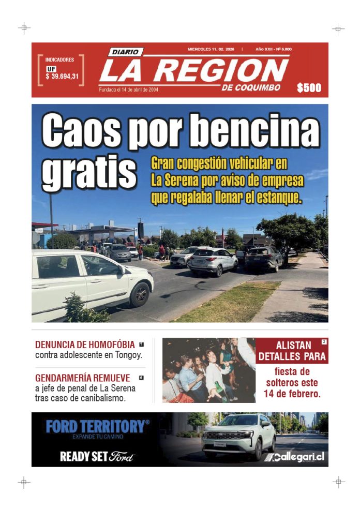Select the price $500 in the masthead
point(309,88)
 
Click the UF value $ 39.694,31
point(62,77)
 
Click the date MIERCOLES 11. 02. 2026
point(211,49)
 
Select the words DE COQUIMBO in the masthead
point(251,87)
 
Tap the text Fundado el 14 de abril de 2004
point(129,89)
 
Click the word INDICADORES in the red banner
point(59,60)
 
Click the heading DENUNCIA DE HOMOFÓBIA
point(85,345)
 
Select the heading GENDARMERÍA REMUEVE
point(82,378)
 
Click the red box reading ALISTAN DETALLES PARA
point(292,351)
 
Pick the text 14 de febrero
point(292,394)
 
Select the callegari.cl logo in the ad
point(294,457)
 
